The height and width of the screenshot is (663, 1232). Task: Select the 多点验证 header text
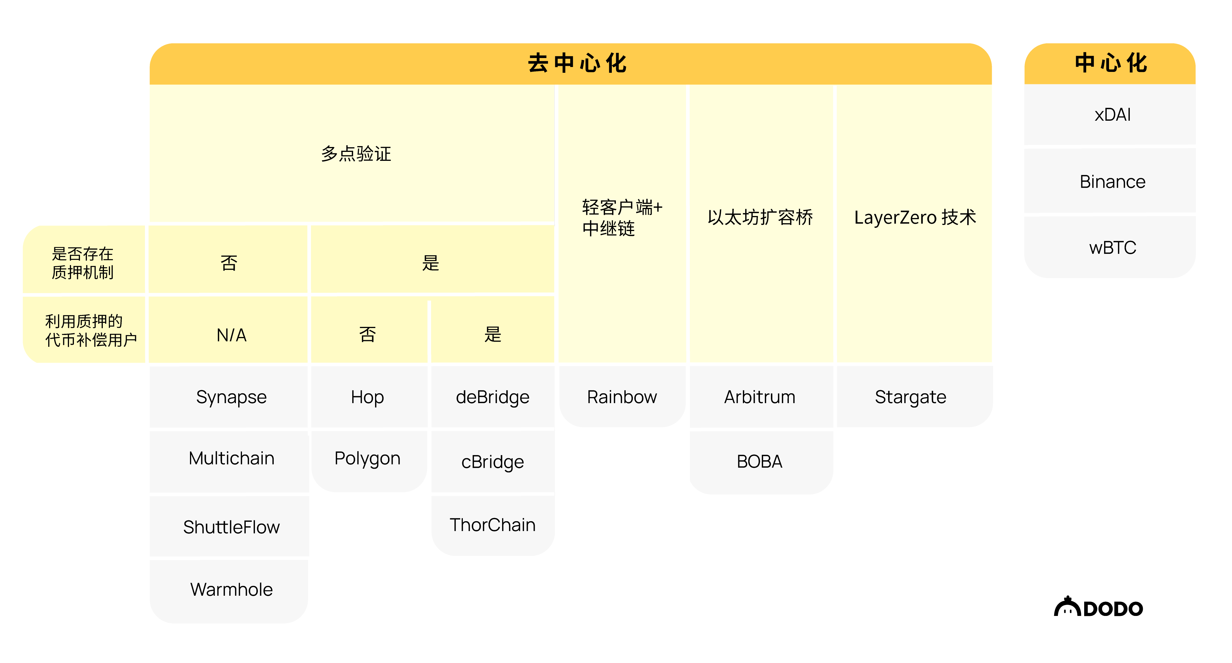coord(356,154)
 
